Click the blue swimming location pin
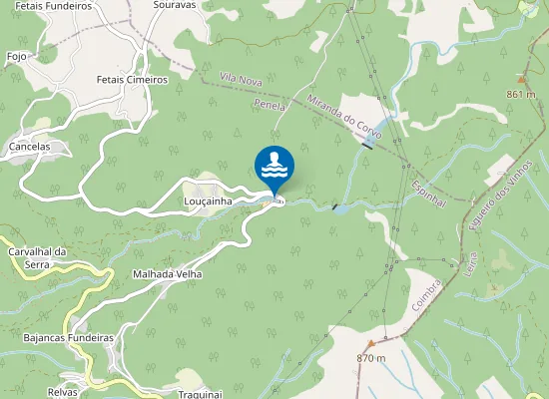[274, 167]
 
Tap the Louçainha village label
[208, 200]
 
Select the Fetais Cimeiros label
[132, 79]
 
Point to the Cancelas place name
[29, 147]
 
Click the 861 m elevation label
[521, 94]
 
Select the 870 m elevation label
[370, 357]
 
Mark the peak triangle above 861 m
[521, 78]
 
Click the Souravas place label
[175, 5]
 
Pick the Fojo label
[16, 57]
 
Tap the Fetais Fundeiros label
[49, 5]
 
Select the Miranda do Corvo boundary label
[345, 113]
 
